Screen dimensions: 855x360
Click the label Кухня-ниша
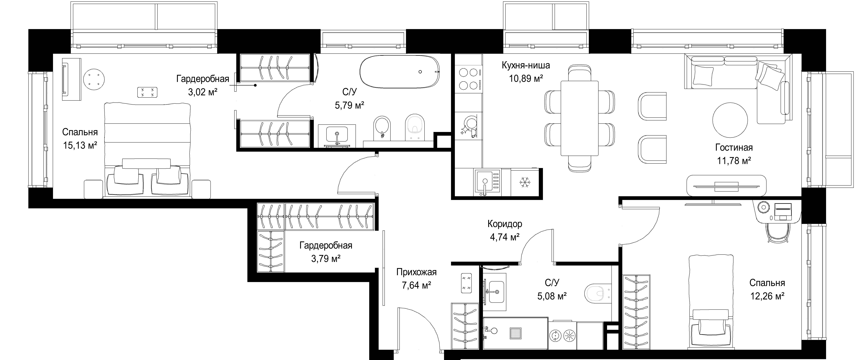point(526,65)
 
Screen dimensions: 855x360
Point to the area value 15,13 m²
point(80,146)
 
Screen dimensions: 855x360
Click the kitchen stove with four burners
point(468,79)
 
